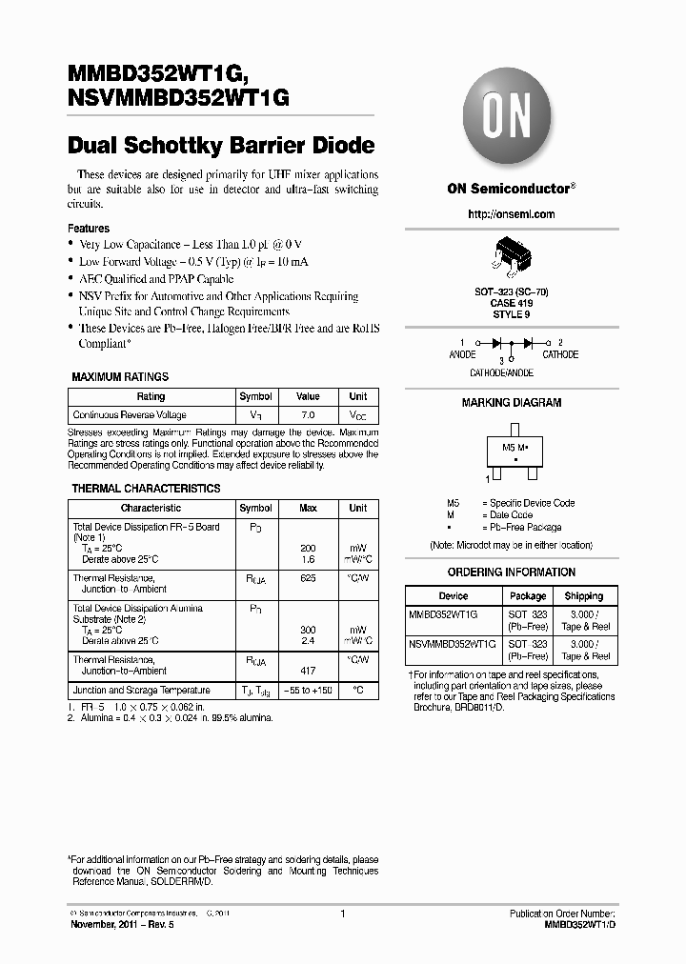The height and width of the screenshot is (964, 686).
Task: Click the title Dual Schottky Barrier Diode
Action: pos(221,146)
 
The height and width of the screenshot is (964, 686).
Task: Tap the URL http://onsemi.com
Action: pos(511,214)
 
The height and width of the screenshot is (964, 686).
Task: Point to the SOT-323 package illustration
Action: pos(512,258)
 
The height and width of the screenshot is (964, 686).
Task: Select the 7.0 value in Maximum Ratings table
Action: pos(308,415)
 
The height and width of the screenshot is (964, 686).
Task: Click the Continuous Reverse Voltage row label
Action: pos(130,415)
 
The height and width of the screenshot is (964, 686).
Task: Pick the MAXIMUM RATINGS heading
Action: pos(120,377)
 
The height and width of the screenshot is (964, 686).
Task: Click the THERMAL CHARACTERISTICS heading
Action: pos(146,489)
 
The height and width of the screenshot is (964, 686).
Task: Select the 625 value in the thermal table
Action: pos(308,578)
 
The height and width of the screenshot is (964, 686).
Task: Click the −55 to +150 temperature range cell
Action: pos(308,690)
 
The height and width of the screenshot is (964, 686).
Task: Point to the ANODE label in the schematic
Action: pos(462,354)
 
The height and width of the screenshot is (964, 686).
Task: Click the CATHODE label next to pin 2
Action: pos(560,354)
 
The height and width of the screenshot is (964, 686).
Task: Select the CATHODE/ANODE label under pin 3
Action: pos(502,373)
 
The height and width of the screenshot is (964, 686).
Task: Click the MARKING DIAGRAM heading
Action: pos(512,403)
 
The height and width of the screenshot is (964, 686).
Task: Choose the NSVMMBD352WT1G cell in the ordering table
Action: pos(452,644)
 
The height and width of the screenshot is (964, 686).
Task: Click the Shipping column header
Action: pos(584,596)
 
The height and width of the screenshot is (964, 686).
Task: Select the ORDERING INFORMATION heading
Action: pos(512,572)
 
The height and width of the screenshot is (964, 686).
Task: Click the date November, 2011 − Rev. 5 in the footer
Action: pos(120,924)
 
